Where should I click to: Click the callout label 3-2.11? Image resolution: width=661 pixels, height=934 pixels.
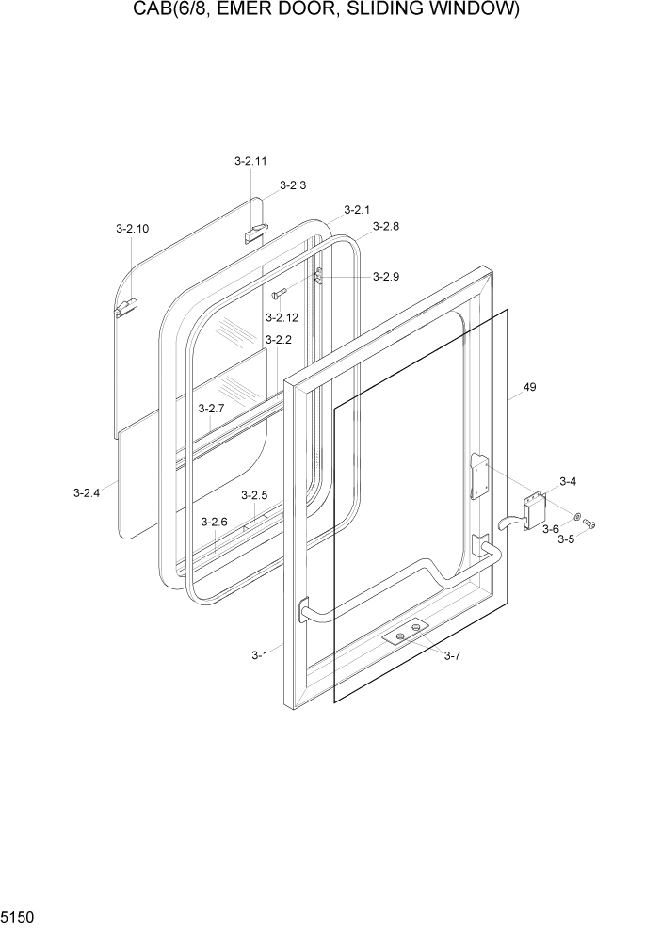(250, 161)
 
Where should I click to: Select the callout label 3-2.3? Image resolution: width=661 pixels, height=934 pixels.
(293, 185)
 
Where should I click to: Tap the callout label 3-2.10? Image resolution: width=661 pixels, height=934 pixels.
(132, 229)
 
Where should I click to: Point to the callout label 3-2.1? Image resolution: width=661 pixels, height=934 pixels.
(357, 209)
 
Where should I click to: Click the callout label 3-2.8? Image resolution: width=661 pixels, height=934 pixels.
(386, 227)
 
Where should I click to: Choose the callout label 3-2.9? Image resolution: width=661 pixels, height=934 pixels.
(386, 277)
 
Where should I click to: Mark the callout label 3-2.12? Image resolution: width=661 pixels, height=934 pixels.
(282, 317)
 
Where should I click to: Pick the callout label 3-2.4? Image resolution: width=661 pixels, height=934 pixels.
(87, 491)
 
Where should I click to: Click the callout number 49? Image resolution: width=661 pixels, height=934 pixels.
(529, 387)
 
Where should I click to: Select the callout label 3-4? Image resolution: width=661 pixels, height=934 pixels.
(568, 482)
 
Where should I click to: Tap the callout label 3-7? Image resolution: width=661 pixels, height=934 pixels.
(452, 656)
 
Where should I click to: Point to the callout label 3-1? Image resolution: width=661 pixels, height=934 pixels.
(260, 655)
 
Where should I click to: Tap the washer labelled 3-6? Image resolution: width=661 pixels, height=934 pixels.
(576, 518)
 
